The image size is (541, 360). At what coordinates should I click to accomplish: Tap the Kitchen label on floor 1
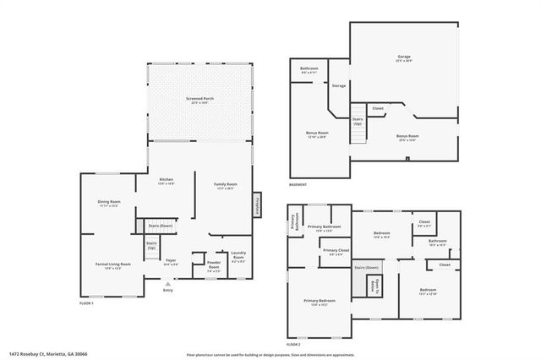(x=167, y=181)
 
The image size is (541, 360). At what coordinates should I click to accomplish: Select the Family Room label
(x=225, y=186)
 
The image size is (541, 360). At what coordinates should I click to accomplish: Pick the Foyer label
(x=170, y=261)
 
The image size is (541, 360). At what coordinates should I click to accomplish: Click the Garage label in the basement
(x=404, y=58)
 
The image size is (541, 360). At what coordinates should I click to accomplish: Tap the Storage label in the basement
(x=339, y=85)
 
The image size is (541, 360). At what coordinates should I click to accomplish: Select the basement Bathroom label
(x=309, y=70)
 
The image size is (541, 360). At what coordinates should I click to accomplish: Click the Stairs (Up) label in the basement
(x=358, y=121)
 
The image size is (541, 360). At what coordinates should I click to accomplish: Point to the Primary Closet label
(x=336, y=252)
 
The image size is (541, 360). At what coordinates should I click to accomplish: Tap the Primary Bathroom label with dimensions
(x=324, y=228)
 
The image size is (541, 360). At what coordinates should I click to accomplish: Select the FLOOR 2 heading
(x=293, y=345)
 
